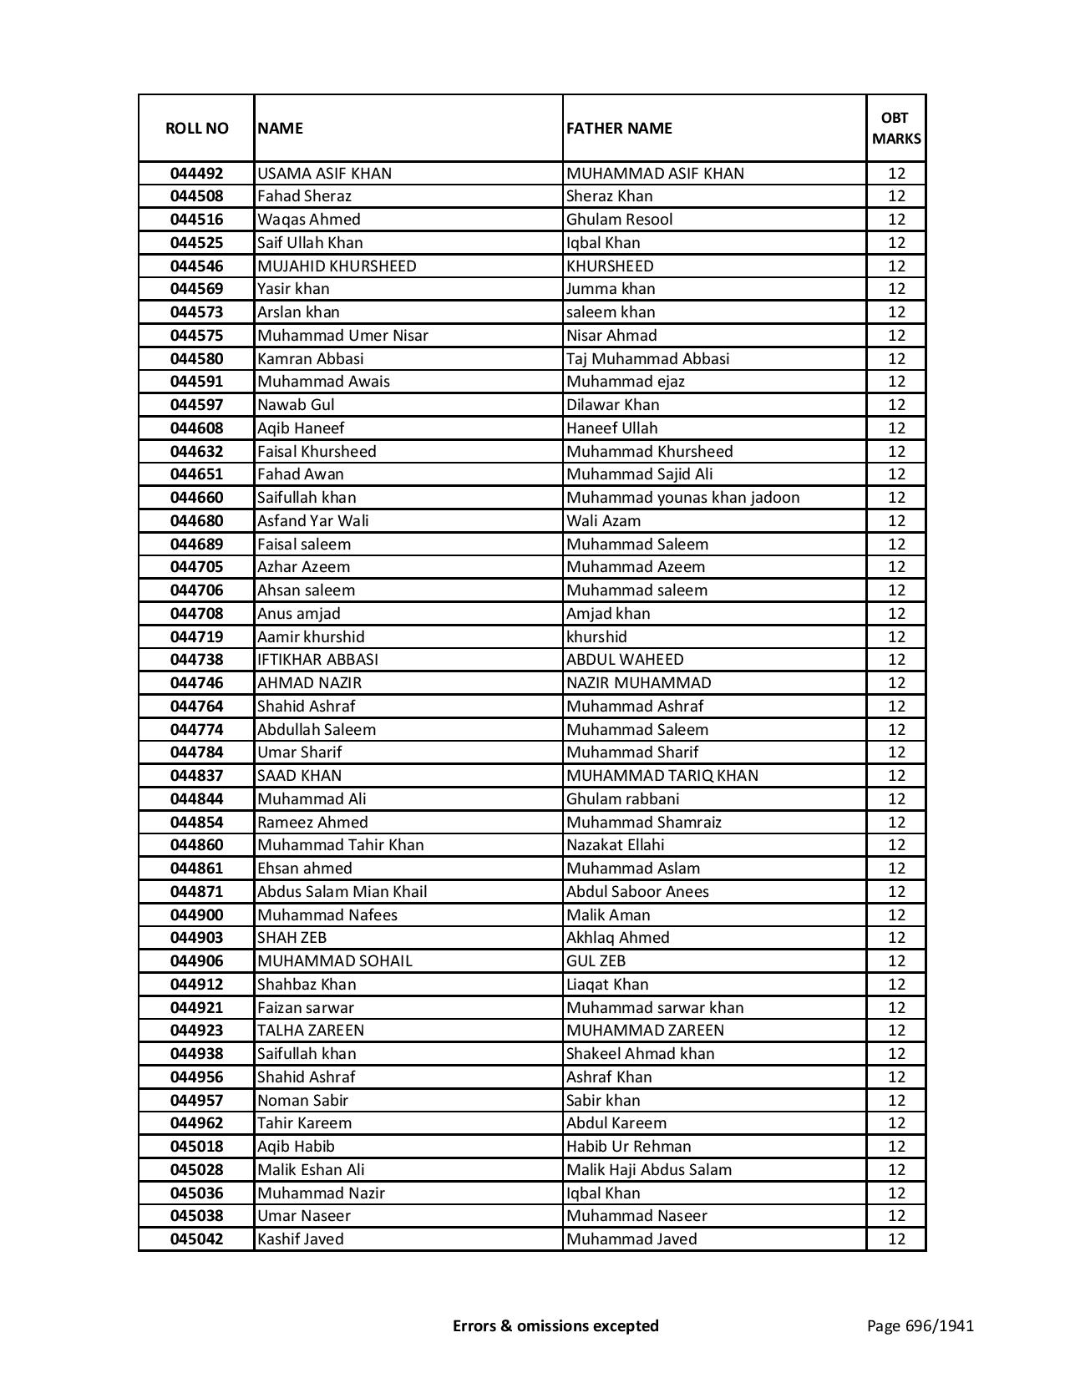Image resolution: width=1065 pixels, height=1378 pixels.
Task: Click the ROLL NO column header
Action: coord(196,128)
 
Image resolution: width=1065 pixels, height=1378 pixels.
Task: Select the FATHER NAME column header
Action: coord(619,128)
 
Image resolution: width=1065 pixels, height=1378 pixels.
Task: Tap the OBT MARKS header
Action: coord(896,128)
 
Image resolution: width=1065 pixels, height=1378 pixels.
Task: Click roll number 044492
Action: coord(196,174)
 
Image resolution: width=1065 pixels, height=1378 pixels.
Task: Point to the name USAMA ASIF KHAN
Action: coord(324,174)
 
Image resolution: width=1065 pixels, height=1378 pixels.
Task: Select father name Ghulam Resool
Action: coord(619,220)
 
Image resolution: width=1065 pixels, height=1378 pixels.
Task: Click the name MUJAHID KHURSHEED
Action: coord(337,266)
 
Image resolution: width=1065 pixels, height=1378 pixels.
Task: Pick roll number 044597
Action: coord(196,405)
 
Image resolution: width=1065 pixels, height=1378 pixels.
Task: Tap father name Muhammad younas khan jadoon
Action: coord(682,498)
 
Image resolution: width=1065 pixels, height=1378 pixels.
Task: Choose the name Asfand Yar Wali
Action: coord(312,521)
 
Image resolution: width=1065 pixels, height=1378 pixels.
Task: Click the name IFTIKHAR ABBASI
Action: coord(317,660)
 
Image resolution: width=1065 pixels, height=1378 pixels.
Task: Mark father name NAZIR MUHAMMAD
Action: coord(638,683)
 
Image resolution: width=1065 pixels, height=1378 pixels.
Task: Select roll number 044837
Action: coord(196,776)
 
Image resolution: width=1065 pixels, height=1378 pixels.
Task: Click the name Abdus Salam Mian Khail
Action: coord(342,892)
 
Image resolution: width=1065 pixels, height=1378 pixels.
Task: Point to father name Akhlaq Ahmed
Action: coord(617,938)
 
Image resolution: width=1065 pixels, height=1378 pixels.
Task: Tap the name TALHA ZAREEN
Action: coord(310,1031)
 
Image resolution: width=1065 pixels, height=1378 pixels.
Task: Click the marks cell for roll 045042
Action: coord(896,1239)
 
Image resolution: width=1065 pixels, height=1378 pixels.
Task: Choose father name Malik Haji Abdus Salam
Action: coord(648,1170)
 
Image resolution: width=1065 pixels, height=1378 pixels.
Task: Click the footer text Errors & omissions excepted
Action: coord(555,1325)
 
